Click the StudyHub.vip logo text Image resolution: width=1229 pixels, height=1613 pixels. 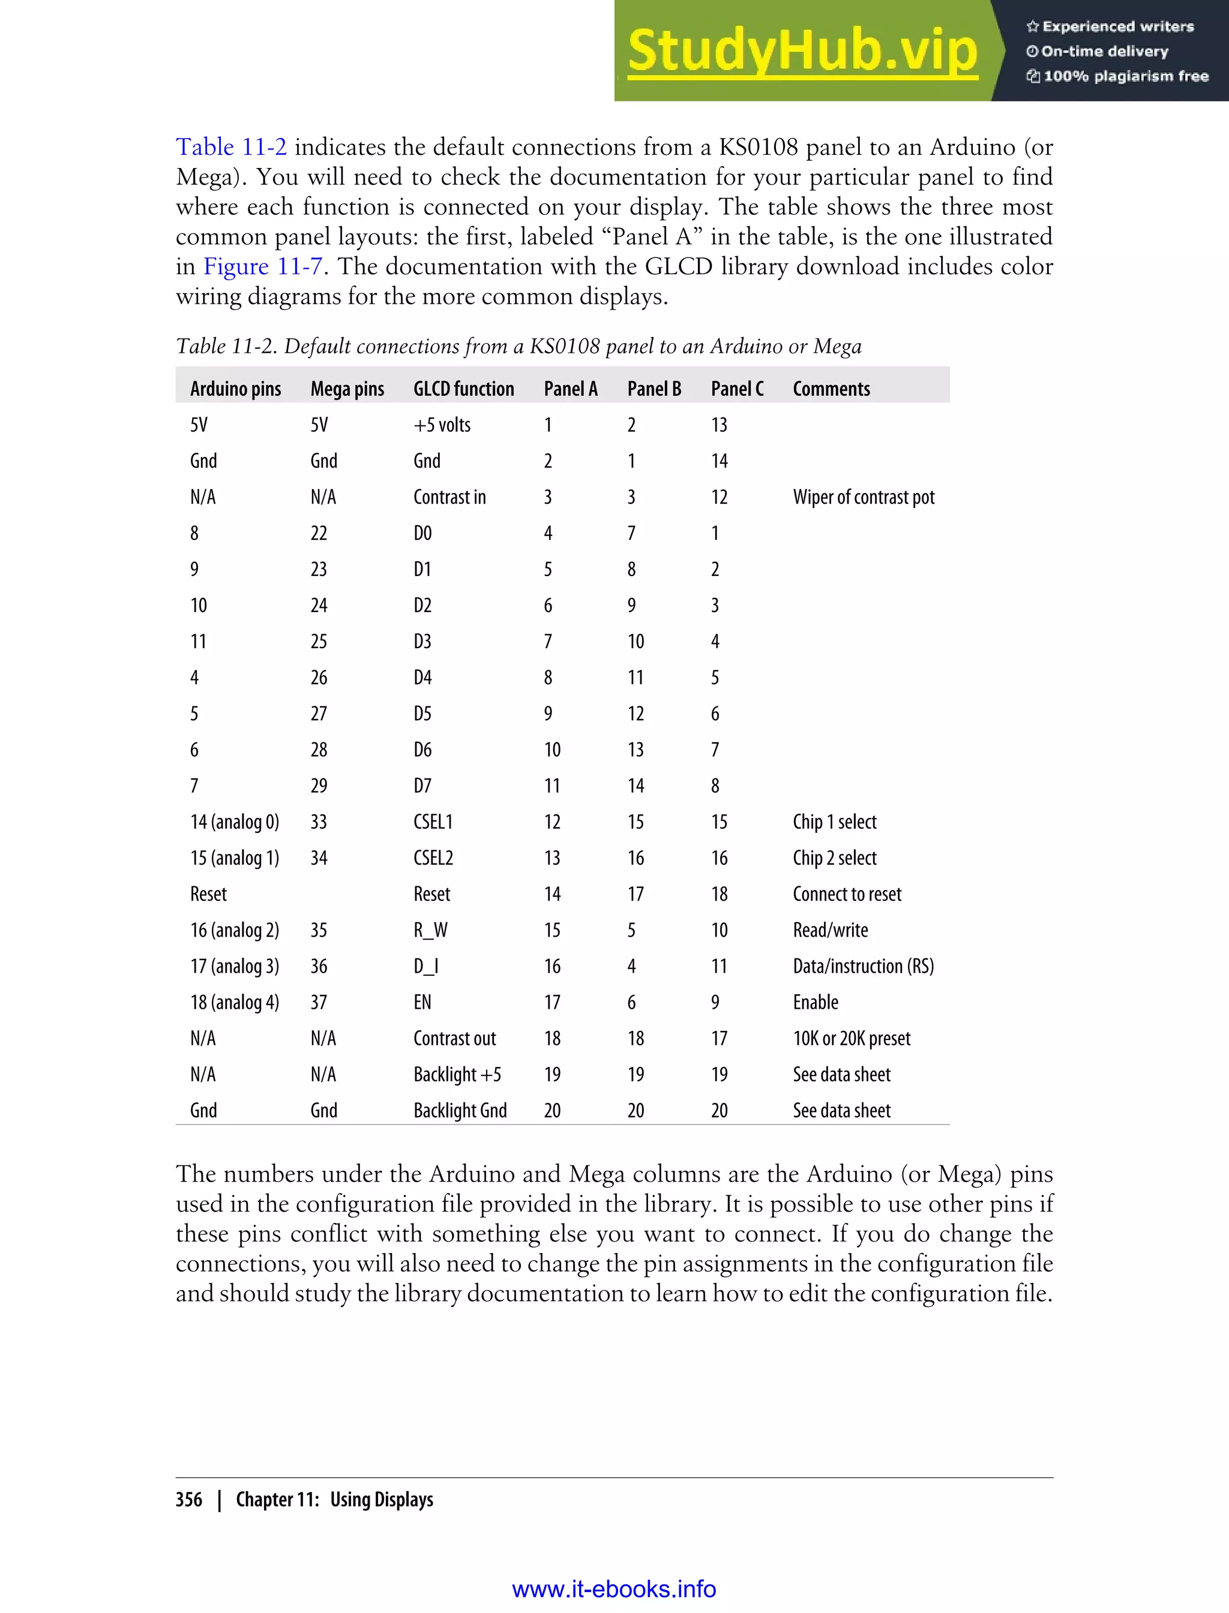802,51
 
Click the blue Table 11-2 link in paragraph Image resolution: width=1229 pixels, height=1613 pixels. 231,147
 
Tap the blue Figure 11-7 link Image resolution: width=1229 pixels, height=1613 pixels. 263,266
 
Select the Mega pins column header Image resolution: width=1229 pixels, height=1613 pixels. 347,388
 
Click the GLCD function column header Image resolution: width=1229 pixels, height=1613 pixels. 463,388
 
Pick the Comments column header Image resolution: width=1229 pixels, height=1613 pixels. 831,388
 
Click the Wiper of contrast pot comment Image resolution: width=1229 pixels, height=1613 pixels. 863,497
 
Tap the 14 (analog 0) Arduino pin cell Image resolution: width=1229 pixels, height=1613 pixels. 234,822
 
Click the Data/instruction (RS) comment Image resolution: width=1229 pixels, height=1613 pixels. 863,966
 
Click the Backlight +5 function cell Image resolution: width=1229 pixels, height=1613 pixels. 457,1075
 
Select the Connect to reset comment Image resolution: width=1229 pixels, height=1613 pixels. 846,894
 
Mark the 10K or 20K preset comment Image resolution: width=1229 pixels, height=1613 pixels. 852,1039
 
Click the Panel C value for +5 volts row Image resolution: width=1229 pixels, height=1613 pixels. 718,425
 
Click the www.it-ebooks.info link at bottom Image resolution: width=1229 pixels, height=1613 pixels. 614,1589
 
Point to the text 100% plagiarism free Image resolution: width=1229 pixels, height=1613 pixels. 1125,76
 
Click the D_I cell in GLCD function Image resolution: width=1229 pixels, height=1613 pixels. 425,966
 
